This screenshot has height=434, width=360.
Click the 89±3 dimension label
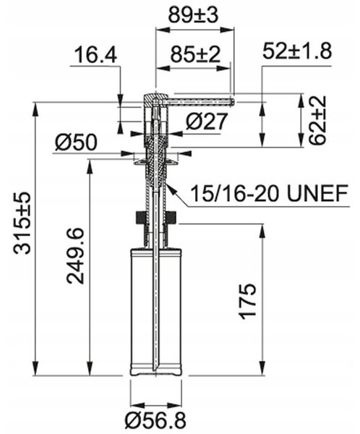pos(193,15)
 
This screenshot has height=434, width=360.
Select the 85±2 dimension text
pos(195,54)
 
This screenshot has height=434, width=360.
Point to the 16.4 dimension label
pos(95,55)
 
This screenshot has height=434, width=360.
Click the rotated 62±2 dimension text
pos(317,120)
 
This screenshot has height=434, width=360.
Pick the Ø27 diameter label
pos(207,122)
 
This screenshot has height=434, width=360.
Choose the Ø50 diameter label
pos(76,142)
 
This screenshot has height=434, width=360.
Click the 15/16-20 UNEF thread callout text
pos(269,193)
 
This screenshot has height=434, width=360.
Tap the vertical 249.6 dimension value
pos(75,256)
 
